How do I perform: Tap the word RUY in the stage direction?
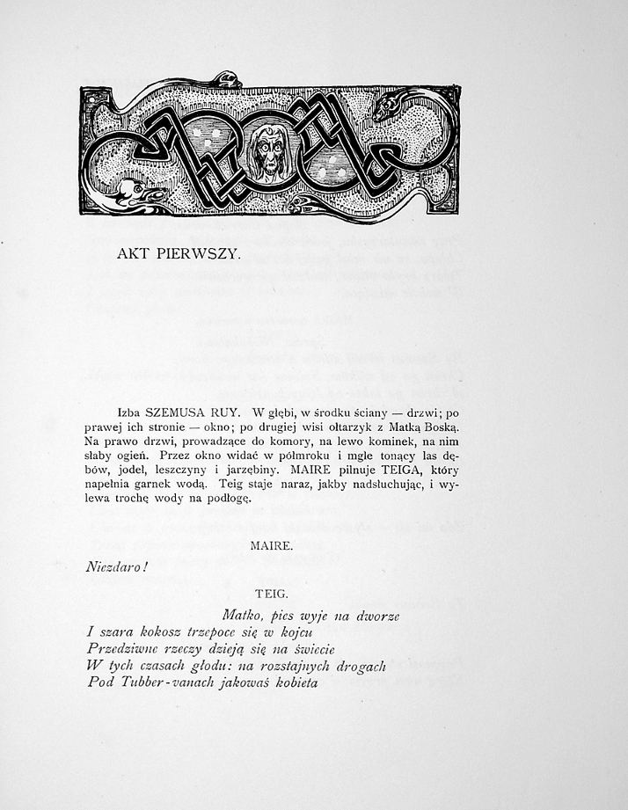pos(228,412)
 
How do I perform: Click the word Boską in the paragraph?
pos(439,426)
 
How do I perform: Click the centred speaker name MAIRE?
pos(271,546)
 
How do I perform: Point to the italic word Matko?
pos(242,617)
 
